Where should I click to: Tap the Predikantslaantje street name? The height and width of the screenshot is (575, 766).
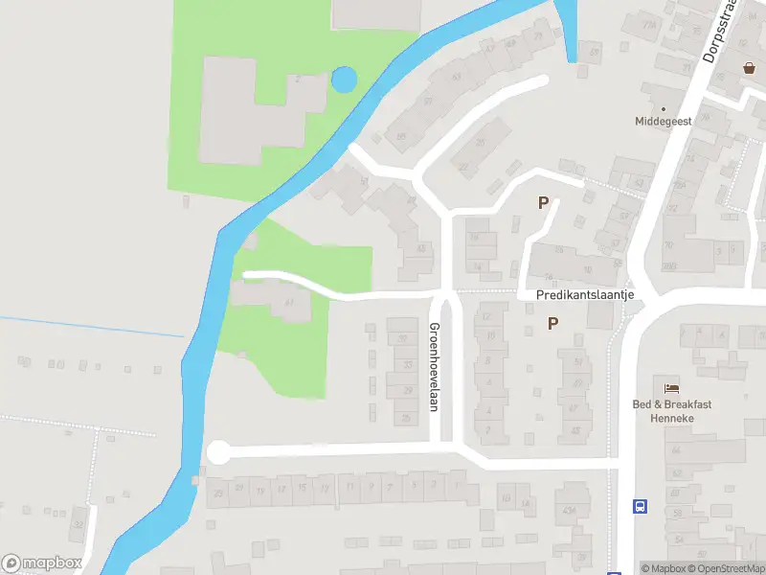point(586,295)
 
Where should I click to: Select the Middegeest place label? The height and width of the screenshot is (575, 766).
point(664,122)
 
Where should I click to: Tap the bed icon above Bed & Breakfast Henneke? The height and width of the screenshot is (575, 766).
point(672,387)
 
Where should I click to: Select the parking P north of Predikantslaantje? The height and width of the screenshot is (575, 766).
point(544,203)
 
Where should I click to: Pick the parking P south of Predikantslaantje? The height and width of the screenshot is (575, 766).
point(552,324)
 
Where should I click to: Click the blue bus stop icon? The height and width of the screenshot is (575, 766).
point(640,506)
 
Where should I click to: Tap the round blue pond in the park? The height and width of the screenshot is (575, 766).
point(343,80)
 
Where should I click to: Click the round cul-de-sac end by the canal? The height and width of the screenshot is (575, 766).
point(219,451)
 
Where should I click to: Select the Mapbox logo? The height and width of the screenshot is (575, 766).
point(42,563)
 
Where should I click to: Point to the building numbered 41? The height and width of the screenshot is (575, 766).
point(288,304)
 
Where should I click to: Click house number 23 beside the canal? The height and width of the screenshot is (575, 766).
point(218,492)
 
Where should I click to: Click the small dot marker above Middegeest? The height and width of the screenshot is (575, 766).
point(663,109)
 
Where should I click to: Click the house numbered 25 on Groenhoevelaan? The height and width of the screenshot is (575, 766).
point(406,418)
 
